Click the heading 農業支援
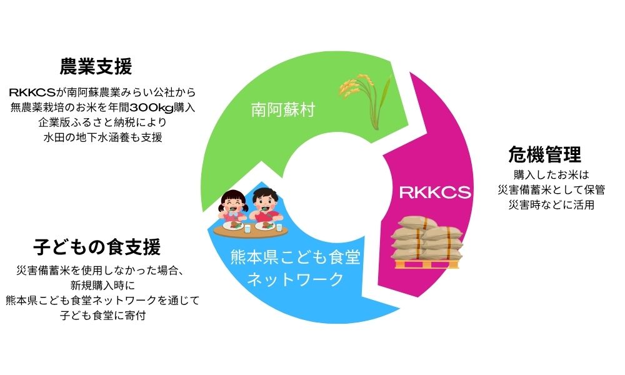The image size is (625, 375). (x=96, y=66)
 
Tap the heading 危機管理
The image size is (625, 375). (x=544, y=154)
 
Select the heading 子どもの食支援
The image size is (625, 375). (x=97, y=247)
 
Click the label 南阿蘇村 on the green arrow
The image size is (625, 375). (x=283, y=110)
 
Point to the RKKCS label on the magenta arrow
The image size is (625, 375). (x=435, y=192)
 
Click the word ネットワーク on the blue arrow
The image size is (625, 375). (x=296, y=279)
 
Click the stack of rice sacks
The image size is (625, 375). (x=426, y=239)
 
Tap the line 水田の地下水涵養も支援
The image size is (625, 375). (x=103, y=137)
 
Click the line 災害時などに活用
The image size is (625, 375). (x=551, y=205)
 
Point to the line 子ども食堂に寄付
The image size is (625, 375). (x=103, y=315)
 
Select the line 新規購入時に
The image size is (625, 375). (x=103, y=286)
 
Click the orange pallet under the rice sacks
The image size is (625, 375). (x=426, y=264)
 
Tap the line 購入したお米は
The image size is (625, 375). (x=551, y=174)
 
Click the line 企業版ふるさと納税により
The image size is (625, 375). (x=103, y=122)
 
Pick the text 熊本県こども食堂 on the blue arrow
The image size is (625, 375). (x=296, y=257)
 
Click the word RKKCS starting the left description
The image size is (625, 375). (x=32, y=92)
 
